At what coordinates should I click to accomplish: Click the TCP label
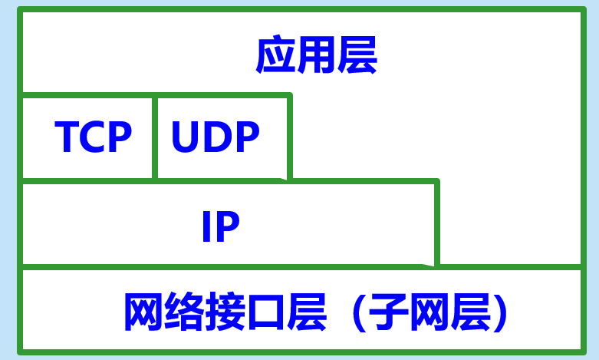[94, 137]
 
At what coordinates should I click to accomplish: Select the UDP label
[216, 137]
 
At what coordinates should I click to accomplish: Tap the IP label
[220, 226]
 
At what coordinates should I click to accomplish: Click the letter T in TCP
[67, 137]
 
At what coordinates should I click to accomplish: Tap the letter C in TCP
[93, 137]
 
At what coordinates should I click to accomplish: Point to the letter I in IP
[206, 226]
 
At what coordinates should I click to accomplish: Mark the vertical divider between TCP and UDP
[155, 137]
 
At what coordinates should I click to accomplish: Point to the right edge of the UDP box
[289, 137]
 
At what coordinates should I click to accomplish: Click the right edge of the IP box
[436, 224]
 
